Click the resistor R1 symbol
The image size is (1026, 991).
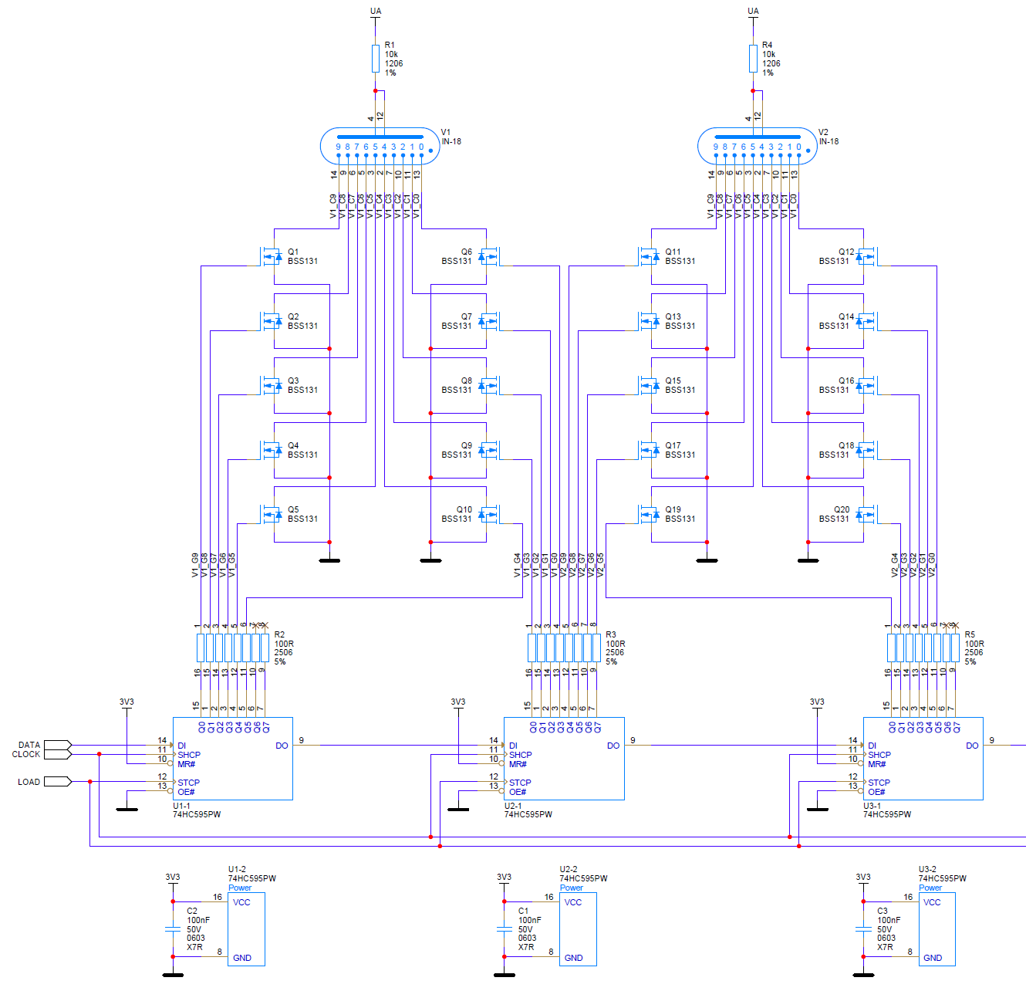(x=376, y=59)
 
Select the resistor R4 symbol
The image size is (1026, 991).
(x=753, y=59)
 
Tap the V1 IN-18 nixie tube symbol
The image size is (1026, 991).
(x=380, y=146)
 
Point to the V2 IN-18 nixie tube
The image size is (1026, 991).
(x=757, y=146)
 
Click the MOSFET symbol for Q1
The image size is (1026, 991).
(x=272, y=256)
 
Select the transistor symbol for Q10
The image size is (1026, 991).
(x=488, y=514)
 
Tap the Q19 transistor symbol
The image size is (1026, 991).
(x=649, y=514)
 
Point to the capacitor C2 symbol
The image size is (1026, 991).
(x=173, y=929)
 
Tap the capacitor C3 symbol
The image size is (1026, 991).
(x=863, y=929)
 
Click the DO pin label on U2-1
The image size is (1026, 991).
(x=613, y=746)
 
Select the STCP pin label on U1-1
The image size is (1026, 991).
(x=189, y=783)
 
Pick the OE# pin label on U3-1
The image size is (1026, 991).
(x=877, y=792)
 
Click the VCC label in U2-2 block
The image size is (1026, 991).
(x=573, y=902)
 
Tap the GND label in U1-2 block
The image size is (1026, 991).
(x=242, y=958)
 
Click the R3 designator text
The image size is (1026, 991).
(x=611, y=634)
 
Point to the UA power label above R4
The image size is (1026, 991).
(x=753, y=11)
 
